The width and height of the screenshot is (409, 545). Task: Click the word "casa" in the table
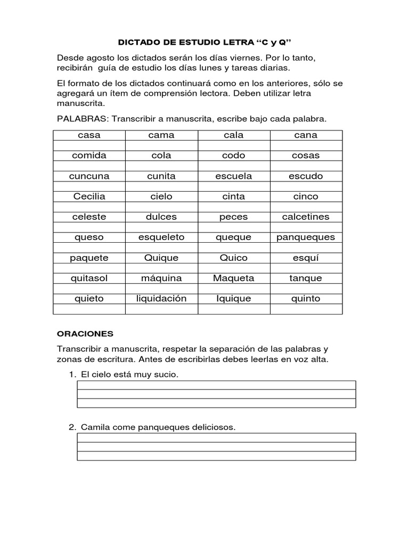coord(89,135)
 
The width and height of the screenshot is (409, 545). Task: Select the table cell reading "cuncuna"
coord(89,176)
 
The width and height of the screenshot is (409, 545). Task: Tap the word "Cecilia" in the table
coord(89,196)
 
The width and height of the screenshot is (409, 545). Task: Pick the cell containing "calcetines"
coord(306,217)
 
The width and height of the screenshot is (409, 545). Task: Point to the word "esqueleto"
coord(161,237)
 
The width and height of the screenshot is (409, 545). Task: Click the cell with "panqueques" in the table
coord(306,237)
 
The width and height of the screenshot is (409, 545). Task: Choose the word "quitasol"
coord(89,278)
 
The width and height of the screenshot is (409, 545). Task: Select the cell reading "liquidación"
coord(161,299)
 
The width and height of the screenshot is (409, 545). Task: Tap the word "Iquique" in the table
coord(233,299)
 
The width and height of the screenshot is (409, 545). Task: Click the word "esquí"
coord(306,258)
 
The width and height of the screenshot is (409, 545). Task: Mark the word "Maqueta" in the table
coord(233,278)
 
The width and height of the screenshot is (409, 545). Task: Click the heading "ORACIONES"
coord(85,334)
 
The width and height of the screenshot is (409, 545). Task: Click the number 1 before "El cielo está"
coord(71,375)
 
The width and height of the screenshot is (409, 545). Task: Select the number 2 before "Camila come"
coord(71,427)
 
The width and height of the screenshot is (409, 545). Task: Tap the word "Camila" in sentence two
coord(93,427)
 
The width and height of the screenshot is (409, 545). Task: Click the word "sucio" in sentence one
coord(165,375)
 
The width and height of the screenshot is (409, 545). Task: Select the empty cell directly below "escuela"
coord(233,187)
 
